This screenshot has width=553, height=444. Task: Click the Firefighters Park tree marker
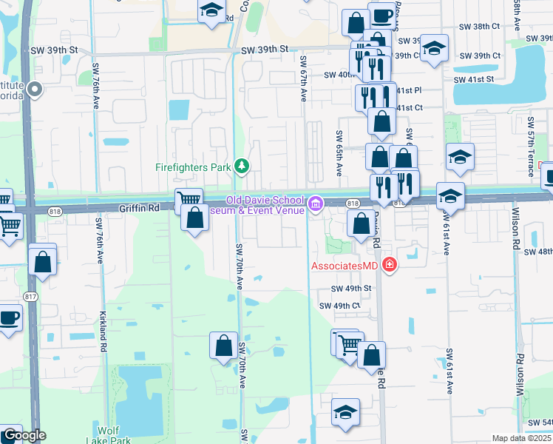241,166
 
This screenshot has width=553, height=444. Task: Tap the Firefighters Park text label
194,167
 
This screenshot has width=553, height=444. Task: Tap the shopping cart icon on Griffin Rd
189,199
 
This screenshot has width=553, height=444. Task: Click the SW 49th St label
350,289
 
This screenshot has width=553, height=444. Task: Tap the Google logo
24,435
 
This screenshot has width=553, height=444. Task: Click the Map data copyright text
521,438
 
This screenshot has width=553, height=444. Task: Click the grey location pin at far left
34,90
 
